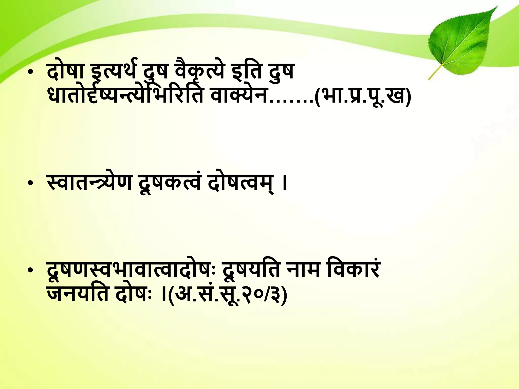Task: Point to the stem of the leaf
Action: click(435, 72)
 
